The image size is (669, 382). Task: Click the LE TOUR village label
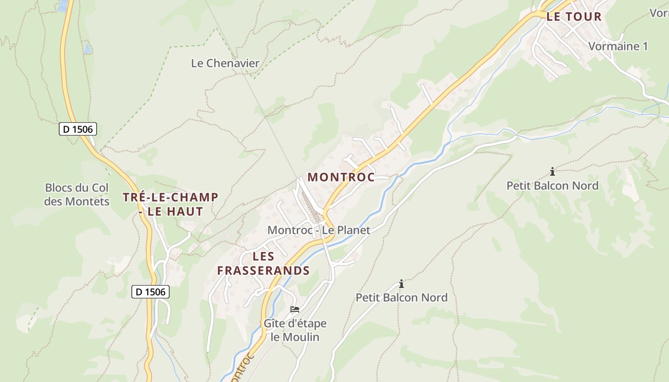tap(573, 17)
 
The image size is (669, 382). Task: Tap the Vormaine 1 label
tap(618, 46)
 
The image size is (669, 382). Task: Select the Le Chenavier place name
tap(225, 63)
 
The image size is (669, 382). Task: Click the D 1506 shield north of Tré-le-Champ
tap(78, 129)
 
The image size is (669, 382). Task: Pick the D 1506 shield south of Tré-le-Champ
tap(151, 292)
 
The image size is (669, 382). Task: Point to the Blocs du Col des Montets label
tap(76, 194)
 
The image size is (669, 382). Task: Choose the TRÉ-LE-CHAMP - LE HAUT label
tap(171, 204)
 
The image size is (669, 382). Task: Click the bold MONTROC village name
tap(341, 177)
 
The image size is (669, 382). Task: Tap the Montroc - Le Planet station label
tap(319, 230)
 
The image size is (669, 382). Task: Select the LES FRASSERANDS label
tap(263, 264)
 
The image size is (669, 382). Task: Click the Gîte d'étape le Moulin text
tap(295, 330)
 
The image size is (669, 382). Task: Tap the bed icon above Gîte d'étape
tap(295, 309)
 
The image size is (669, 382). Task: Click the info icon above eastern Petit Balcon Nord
tap(552, 171)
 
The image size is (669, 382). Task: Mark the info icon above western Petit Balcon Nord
tap(401, 284)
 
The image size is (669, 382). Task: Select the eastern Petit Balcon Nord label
tap(552, 186)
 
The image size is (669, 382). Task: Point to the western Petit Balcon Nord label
tap(401, 297)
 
